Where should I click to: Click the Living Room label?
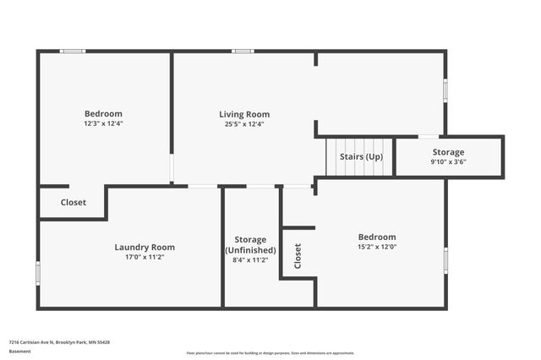pyautogui.click(x=244, y=114)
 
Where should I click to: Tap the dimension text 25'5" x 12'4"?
pyautogui.click(x=244, y=124)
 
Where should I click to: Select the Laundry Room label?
pyautogui.click(x=145, y=247)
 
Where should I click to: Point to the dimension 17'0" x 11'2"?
pyautogui.click(x=145, y=257)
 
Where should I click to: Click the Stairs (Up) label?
pyautogui.click(x=361, y=157)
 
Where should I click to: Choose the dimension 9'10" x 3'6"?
pyautogui.click(x=448, y=161)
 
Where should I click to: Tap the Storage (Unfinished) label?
pyautogui.click(x=250, y=245)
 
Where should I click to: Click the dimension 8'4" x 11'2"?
pyautogui.click(x=250, y=260)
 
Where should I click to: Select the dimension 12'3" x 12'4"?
pyautogui.click(x=103, y=123)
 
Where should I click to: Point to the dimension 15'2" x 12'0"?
pyautogui.click(x=376, y=248)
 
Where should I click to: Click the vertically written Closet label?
pyautogui.click(x=298, y=256)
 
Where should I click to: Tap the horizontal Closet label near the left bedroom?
pyautogui.click(x=74, y=203)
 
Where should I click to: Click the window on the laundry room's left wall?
pyautogui.click(x=38, y=272)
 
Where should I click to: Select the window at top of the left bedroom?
pyautogui.click(x=72, y=52)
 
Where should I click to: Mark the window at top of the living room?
pyautogui.click(x=243, y=52)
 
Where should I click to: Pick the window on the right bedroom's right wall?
pyautogui.click(x=445, y=259)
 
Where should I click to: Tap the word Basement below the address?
pyautogui.click(x=19, y=351)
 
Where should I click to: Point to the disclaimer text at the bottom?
pyautogui.click(x=270, y=353)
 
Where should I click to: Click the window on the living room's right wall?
pyautogui.click(x=445, y=91)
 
